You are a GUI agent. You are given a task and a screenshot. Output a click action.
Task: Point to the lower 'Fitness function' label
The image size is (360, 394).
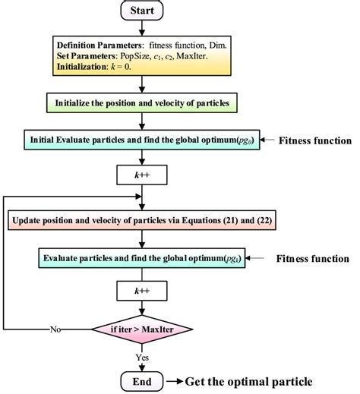pos(312,258)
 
